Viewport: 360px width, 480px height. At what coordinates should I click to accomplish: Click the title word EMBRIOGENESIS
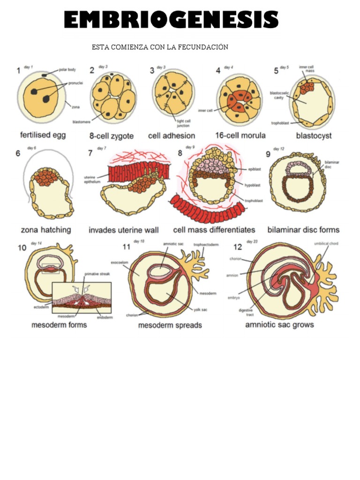pyautogui.click(x=172, y=21)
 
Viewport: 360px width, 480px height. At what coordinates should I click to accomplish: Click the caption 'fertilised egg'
pyautogui.click(x=43, y=135)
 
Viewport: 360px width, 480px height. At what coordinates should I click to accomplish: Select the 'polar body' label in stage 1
pyautogui.click(x=67, y=70)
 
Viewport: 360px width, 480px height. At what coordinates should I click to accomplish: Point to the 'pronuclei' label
pyautogui.click(x=75, y=82)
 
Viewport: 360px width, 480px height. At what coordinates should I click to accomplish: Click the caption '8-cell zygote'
pyautogui.click(x=112, y=136)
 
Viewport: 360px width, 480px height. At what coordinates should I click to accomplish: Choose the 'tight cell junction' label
pyautogui.click(x=183, y=123)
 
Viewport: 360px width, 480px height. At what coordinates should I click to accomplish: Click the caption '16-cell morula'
pyautogui.click(x=240, y=135)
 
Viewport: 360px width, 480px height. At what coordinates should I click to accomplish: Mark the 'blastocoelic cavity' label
pyautogui.click(x=278, y=95)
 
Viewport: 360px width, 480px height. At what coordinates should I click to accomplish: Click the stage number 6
pyautogui.click(x=18, y=153)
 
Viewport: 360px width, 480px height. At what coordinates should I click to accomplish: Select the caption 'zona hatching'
pyautogui.click(x=46, y=230)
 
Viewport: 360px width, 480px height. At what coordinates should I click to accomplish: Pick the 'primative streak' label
pyautogui.click(x=97, y=274)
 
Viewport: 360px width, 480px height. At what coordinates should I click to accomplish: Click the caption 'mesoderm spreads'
pyautogui.click(x=170, y=325)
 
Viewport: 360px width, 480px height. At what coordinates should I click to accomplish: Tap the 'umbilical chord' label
pyautogui.click(x=326, y=243)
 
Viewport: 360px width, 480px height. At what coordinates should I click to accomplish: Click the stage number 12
pyautogui.click(x=238, y=247)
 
